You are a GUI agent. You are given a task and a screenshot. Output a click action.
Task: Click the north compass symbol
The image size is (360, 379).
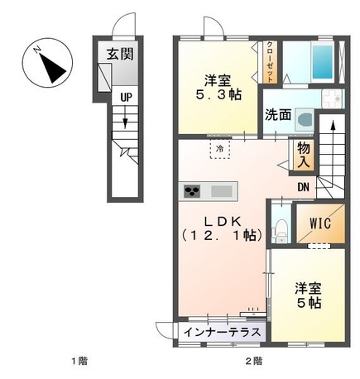[47, 63]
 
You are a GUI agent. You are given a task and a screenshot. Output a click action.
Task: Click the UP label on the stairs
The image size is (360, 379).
[126, 97]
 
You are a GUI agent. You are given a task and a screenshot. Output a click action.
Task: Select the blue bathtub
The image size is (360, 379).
[322, 62]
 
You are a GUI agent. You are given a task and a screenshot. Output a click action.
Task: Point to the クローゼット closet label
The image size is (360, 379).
[270, 62]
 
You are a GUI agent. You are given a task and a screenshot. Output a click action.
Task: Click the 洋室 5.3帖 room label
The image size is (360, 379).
[218, 88]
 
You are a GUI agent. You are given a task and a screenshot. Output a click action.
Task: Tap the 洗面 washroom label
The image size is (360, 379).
[278, 115]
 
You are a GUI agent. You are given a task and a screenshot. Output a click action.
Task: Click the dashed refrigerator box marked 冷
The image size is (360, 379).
[220, 149]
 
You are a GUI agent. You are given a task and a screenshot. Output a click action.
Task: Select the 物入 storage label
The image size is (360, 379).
[304, 156]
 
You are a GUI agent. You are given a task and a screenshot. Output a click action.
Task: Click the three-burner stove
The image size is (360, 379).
[192, 191]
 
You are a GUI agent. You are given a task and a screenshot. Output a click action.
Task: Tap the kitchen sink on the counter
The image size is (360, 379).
[221, 191]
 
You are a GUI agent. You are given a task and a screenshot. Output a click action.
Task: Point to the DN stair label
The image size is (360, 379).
[303, 187]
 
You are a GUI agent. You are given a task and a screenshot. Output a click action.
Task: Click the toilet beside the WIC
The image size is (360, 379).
[281, 230]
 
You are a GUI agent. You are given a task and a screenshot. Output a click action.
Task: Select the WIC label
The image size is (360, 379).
[320, 223]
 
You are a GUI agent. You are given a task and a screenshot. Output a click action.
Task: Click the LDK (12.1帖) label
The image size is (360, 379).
[222, 228]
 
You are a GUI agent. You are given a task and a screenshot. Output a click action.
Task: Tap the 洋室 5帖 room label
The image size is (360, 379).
[309, 295]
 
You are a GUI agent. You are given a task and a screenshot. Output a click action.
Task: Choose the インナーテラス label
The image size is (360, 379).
[223, 332]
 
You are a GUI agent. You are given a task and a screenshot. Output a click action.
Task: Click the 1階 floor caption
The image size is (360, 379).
[79, 361]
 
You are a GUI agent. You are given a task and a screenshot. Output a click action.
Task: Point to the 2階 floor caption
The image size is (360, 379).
[254, 361]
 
